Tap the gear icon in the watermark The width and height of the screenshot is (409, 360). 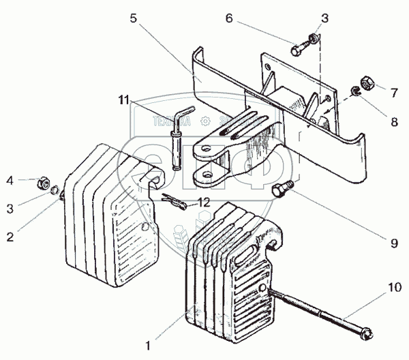pyautogui.click(x=203, y=122)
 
